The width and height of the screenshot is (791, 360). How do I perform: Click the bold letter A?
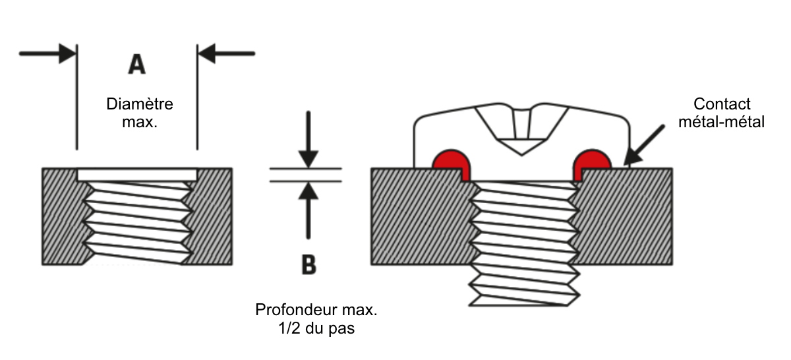tap(137, 64)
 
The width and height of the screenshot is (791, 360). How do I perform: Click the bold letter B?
tap(309, 264)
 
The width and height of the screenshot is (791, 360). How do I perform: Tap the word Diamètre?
tap(140, 104)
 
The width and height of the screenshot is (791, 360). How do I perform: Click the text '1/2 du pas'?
tap(316, 328)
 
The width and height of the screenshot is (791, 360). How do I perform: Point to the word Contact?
tap(722, 104)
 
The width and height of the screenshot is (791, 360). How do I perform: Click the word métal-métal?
tap(721, 122)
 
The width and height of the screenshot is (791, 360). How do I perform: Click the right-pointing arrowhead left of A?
tap(67, 53)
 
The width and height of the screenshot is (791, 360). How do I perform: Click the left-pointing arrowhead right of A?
tap(207, 53)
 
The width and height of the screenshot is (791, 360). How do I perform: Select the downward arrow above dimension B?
tap(308, 140)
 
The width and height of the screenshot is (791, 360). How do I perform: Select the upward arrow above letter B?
tap(308, 210)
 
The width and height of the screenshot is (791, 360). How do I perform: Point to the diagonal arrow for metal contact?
tap(645, 145)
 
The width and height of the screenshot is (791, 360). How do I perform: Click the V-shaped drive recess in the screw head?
tap(521, 130)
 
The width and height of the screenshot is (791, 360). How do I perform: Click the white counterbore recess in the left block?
tap(137, 175)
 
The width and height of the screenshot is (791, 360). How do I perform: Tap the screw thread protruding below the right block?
tap(525, 285)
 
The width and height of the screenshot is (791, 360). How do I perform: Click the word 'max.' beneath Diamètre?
tap(140, 122)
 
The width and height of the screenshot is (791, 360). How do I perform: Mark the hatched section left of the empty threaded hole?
tap(63, 216)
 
